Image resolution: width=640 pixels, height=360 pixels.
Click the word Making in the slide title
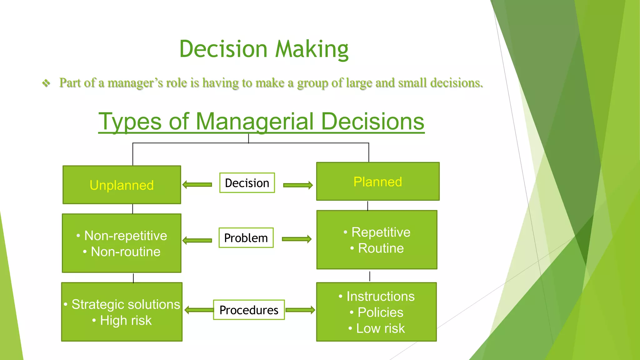point(312,49)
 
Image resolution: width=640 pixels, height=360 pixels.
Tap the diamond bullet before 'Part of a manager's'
point(46,83)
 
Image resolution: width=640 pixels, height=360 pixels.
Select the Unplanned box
point(122,185)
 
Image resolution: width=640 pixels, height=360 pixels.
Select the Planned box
point(377,182)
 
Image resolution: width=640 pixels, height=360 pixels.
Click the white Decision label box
point(247,183)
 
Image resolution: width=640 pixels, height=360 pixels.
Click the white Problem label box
point(246,238)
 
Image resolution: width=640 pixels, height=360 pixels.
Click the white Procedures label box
point(249,310)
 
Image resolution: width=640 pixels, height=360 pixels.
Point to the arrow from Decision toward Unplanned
point(197,185)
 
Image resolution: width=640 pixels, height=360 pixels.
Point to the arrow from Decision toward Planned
point(298,185)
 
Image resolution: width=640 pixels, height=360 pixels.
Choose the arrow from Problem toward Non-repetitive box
point(197,240)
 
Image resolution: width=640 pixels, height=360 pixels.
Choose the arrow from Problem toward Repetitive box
point(297,239)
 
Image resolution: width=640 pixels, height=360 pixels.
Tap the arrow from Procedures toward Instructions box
point(300,310)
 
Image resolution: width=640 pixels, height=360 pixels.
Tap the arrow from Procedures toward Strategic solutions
point(199,310)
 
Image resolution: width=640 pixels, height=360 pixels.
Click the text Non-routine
point(125,252)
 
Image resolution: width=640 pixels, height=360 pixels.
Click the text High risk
point(126,321)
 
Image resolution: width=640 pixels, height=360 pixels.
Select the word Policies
point(380,312)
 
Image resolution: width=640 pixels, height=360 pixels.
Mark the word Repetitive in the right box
point(381,232)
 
